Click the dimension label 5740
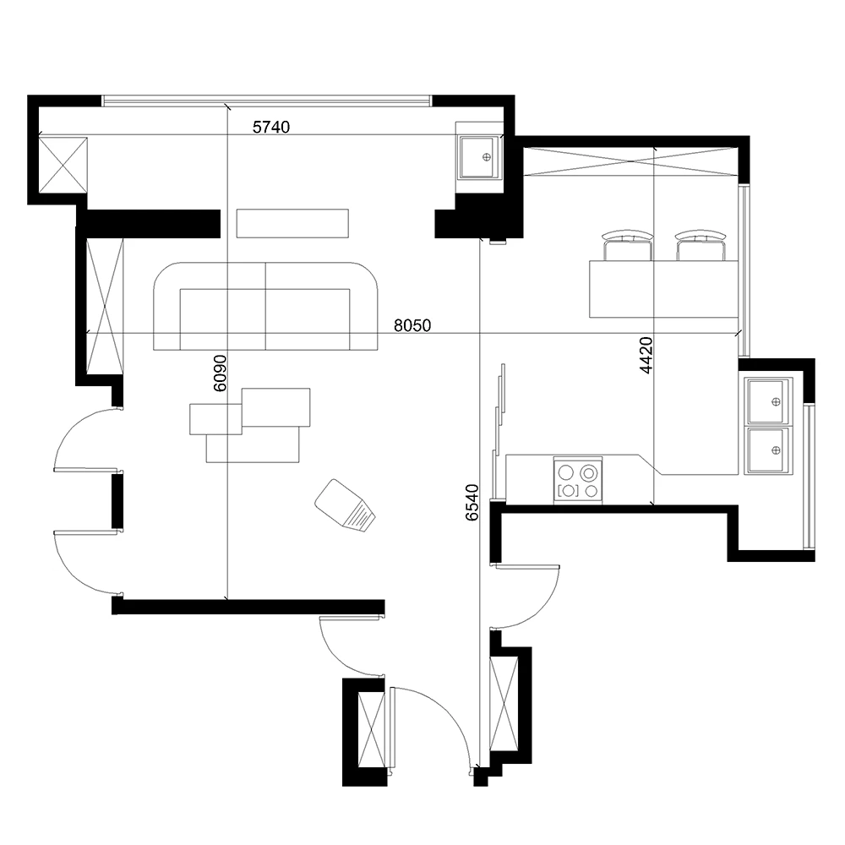point(271,128)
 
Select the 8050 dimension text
point(413,325)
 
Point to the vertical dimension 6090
point(220,373)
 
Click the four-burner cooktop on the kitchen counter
point(578,480)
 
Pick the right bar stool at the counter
point(701,246)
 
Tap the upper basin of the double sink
point(768,400)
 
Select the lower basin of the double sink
point(768,450)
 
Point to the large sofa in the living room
point(265,306)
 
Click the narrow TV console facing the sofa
point(292,223)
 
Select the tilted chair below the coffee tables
point(345,505)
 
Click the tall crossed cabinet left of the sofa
point(106,306)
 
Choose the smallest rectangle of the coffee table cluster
point(215,419)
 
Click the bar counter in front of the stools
point(663,289)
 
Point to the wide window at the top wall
point(267,101)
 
